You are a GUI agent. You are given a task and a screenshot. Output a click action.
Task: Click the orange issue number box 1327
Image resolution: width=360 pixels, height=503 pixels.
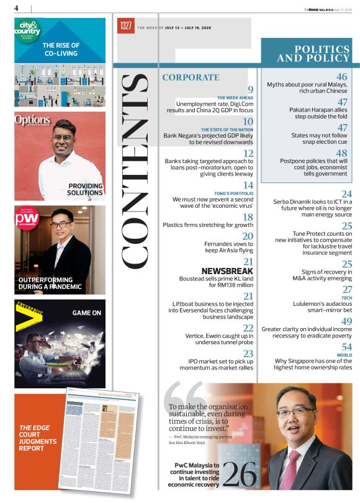pyautogui.click(x=127, y=27)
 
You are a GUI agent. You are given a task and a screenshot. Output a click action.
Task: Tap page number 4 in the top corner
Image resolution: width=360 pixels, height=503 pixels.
pyautogui.click(x=16, y=7)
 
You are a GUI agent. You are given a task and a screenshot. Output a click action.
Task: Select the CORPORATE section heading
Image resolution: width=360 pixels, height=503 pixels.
pyautogui.click(x=191, y=78)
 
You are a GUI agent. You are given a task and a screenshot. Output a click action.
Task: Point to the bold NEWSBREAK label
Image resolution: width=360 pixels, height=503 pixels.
pyautogui.click(x=227, y=271)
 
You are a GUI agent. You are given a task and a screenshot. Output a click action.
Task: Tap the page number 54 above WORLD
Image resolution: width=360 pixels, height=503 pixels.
pyautogui.click(x=346, y=347)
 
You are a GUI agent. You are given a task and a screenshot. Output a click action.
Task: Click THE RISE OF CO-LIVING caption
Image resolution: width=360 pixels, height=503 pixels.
pyautogui.click(x=61, y=50)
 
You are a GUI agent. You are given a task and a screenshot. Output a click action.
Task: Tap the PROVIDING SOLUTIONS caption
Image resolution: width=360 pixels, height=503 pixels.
pyautogui.click(x=86, y=189)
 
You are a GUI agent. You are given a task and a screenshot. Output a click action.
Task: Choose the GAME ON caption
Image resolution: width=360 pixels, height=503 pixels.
pyautogui.click(x=86, y=313)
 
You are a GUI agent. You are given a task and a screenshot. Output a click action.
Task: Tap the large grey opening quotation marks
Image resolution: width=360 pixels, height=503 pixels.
pyautogui.click(x=184, y=396)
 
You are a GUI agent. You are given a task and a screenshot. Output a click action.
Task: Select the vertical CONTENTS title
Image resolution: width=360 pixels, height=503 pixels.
pyautogui.click(x=136, y=171)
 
